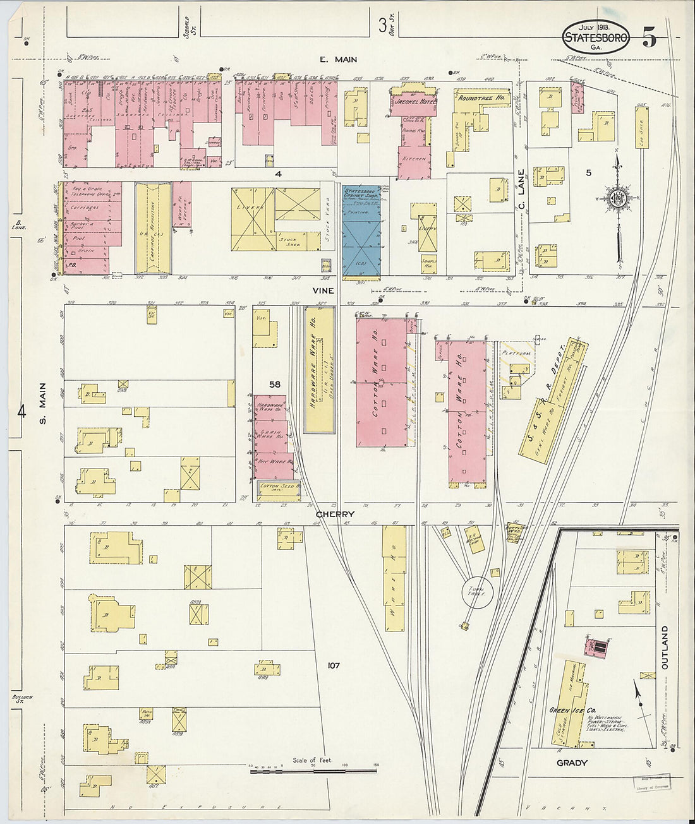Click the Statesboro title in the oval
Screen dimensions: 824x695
pos(595,39)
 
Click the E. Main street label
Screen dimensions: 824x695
pos(338,59)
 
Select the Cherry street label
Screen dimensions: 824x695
pos(334,514)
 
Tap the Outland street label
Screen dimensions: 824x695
pos(664,647)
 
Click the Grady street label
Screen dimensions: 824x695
pos(572,763)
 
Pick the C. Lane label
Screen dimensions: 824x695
pos(522,189)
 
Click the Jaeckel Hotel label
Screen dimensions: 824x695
pos(414,101)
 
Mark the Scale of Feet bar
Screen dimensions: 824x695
pos(313,771)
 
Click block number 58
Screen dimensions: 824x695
pos(274,384)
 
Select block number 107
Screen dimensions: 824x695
pos(334,665)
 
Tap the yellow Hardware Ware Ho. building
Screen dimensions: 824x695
pos(319,369)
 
